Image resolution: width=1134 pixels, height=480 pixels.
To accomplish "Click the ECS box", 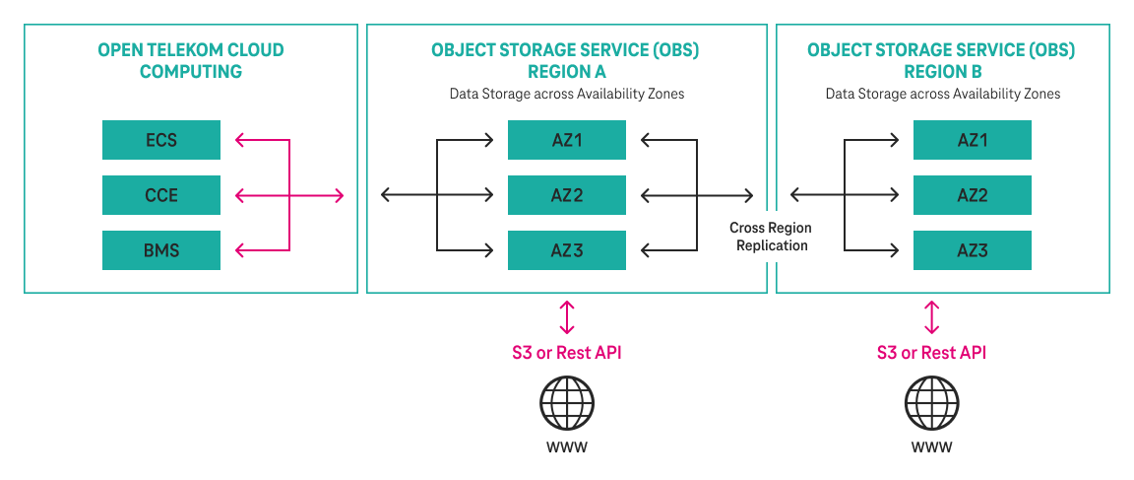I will pyautogui.click(x=161, y=140).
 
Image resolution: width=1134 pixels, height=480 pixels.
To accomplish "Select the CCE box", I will pyautogui.click(x=161, y=195).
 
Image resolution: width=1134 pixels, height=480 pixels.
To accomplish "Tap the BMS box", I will pyautogui.click(x=161, y=250).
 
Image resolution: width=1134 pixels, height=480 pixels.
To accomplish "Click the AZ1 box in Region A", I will pyautogui.click(x=567, y=140).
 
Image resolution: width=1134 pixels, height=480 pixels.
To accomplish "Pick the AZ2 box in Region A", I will pyautogui.click(x=567, y=195).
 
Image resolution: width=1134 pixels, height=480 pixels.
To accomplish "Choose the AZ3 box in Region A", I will pyautogui.click(x=567, y=250).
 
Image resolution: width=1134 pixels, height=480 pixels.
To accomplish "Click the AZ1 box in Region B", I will pyautogui.click(x=972, y=140).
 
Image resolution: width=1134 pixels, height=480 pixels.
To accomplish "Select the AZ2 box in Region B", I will pyautogui.click(x=972, y=195).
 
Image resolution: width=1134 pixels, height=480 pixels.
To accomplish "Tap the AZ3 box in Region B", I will pyautogui.click(x=972, y=250).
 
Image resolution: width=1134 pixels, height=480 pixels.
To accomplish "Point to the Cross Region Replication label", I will pyautogui.click(x=771, y=237).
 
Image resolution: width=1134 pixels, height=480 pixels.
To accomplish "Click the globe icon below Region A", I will pyautogui.click(x=566, y=403).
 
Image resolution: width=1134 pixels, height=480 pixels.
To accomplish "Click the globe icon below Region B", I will pyautogui.click(x=931, y=403).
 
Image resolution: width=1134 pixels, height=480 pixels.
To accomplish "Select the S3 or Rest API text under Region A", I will pyautogui.click(x=566, y=353).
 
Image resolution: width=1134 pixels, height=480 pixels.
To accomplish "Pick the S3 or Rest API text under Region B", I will pyautogui.click(x=931, y=353).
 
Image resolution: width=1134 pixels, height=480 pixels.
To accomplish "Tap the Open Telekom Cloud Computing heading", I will pyautogui.click(x=191, y=60).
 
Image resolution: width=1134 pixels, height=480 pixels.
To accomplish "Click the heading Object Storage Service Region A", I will pyautogui.click(x=566, y=60).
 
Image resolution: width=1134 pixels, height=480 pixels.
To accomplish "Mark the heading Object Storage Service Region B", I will pyautogui.click(x=941, y=60).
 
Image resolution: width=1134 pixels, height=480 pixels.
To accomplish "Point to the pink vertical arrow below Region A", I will pyautogui.click(x=566, y=317).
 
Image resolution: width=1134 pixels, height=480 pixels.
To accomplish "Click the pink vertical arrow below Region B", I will pyautogui.click(x=931, y=317).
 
